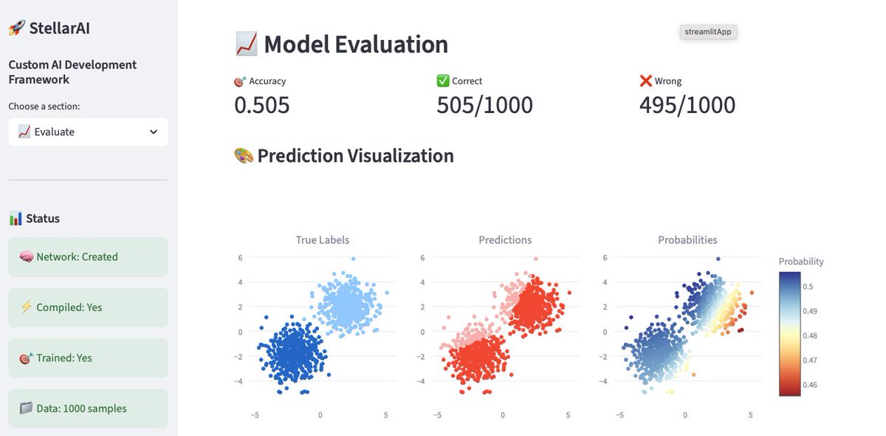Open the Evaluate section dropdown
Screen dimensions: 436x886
click(88, 132)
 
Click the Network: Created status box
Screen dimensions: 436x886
click(88, 256)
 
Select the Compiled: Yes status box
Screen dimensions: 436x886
click(88, 307)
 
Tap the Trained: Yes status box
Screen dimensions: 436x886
click(88, 358)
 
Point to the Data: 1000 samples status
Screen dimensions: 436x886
click(88, 408)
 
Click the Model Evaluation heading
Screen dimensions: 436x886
click(341, 44)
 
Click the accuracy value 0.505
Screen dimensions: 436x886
click(262, 105)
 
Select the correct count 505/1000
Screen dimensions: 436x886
click(484, 105)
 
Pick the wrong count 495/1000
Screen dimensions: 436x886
click(687, 105)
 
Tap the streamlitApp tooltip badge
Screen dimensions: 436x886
click(709, 32)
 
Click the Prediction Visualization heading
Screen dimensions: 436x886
click(344, 156)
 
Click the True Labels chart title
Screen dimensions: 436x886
click(322, 239)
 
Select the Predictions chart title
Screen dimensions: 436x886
click(505, 239)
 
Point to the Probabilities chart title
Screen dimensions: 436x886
click(687, 239)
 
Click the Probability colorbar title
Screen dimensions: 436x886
click(801, 262)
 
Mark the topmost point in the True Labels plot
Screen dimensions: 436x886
click(353, 259)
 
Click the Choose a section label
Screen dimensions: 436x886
click(44, 106)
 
